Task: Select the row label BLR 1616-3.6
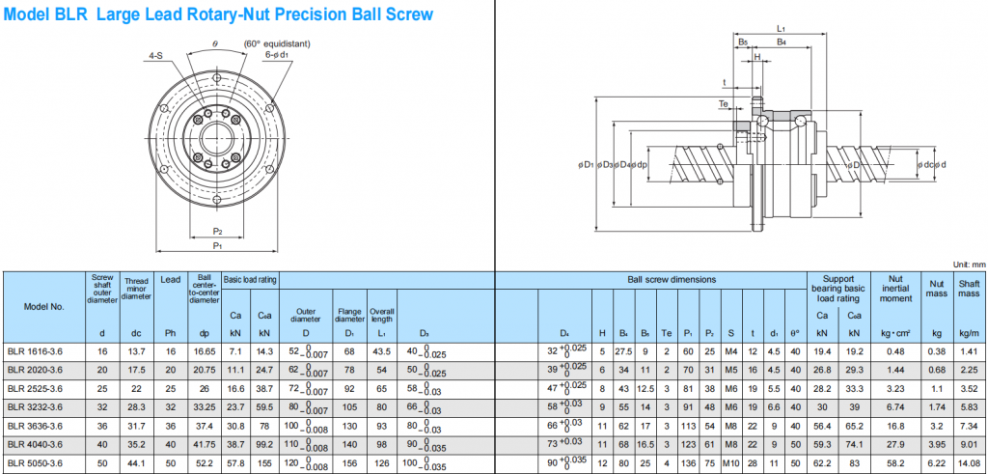tap(34, 352)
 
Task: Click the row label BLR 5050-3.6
tap(34, 462)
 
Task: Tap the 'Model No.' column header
tap(44, 306)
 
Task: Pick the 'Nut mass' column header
tap(935, 285)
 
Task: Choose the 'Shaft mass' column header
tap(969, 285)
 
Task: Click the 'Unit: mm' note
tap(968, 264)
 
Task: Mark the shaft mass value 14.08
tap(969, 462)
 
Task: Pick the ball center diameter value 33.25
tap(204, 407)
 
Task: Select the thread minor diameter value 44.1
tap(136, 462)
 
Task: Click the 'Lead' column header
tap(169, 279)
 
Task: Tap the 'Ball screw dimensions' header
tap(672, 279)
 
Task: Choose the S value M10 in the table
tap(731, 462)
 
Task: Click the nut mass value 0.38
tap(935, 352)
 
